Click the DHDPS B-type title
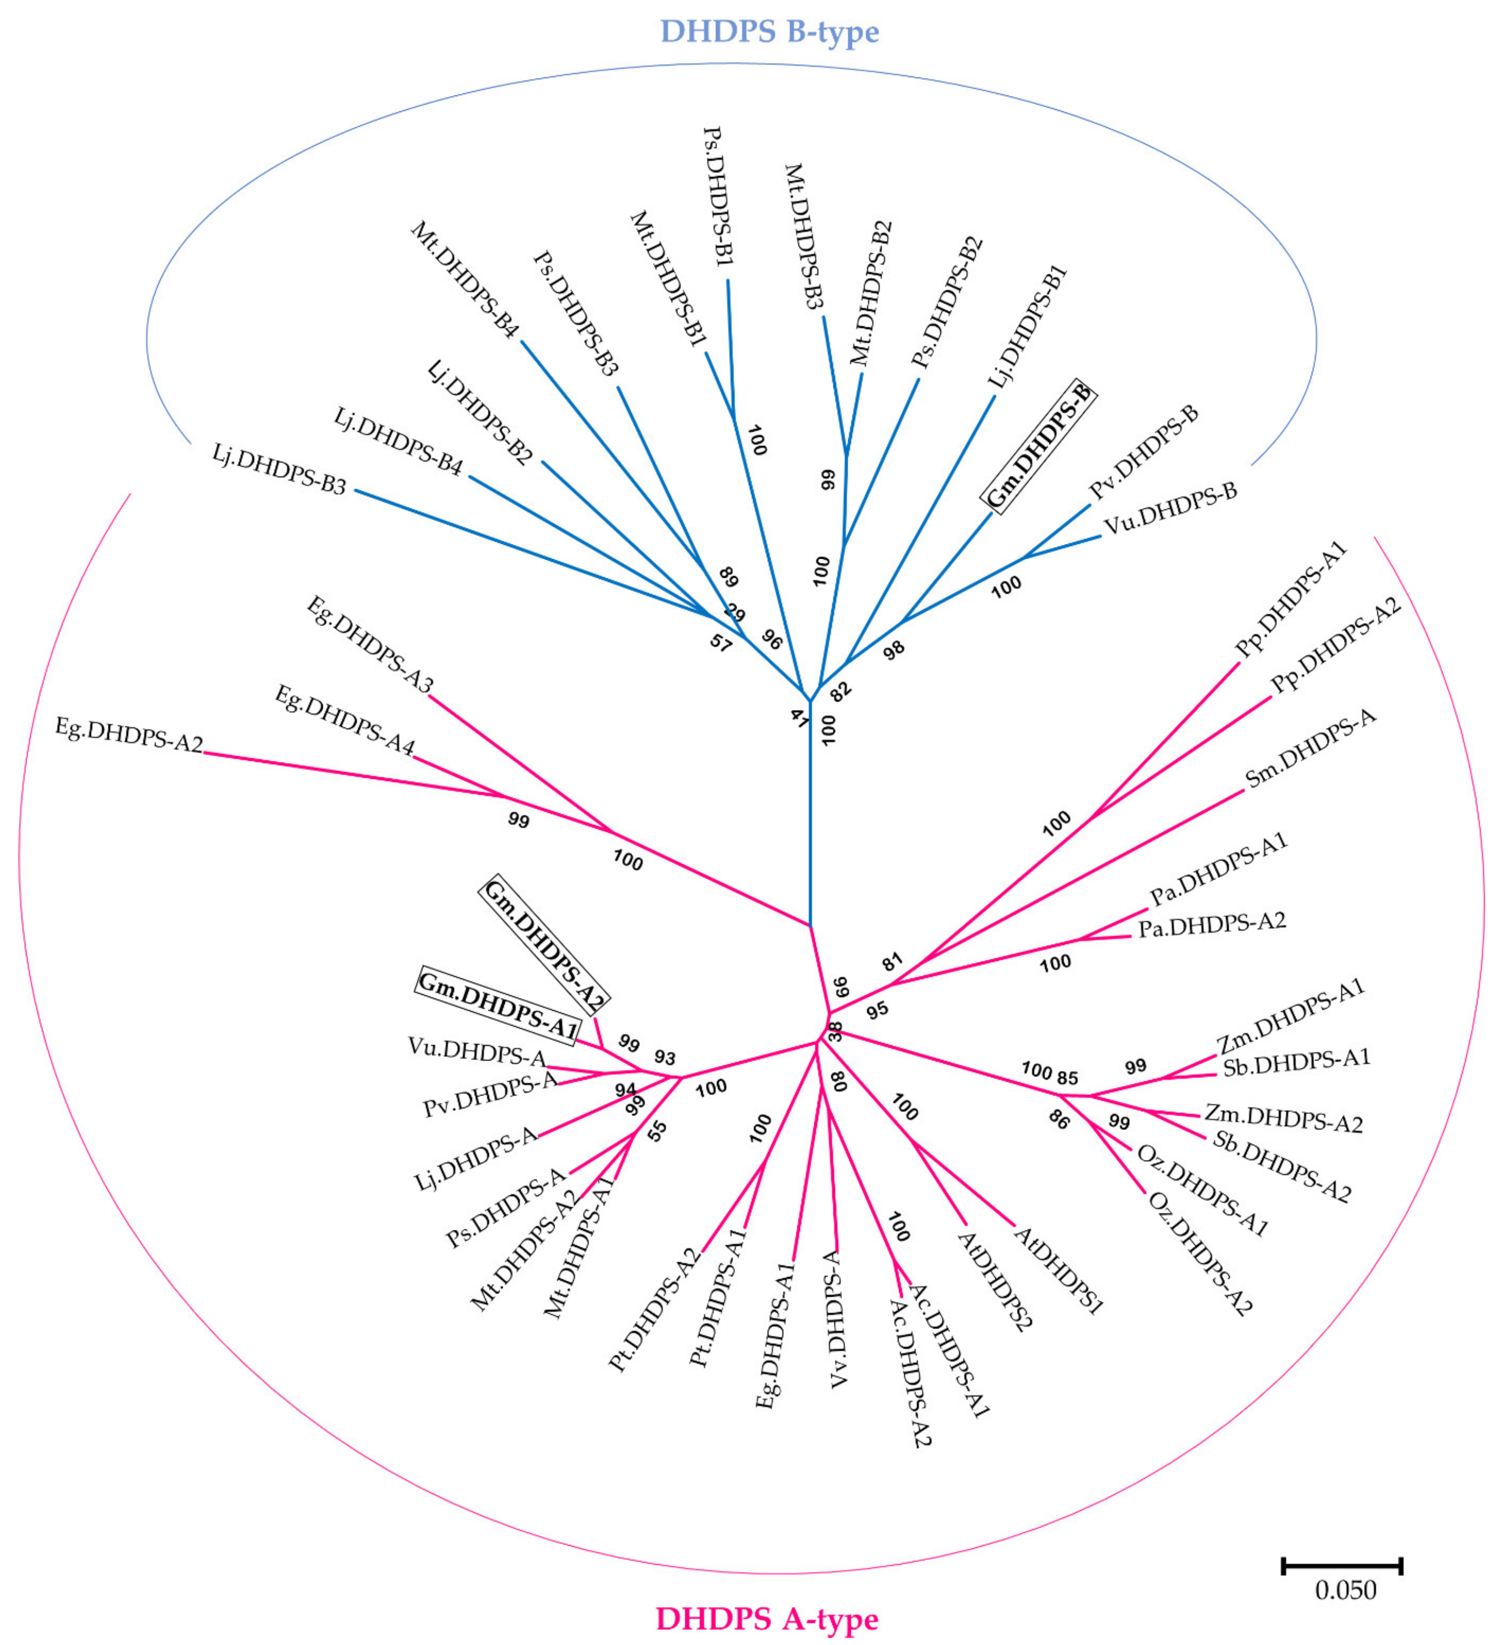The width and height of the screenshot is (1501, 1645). pyautogui.click(x=769, y=32)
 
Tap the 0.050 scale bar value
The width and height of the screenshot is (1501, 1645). pyautogui.click(x=1345, y=1589)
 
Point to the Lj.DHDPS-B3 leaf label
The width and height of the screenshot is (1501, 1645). pyautogui.click(x=279, y=468)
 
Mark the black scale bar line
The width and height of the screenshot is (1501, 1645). pyautogui.click(x=1342, y=1565)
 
